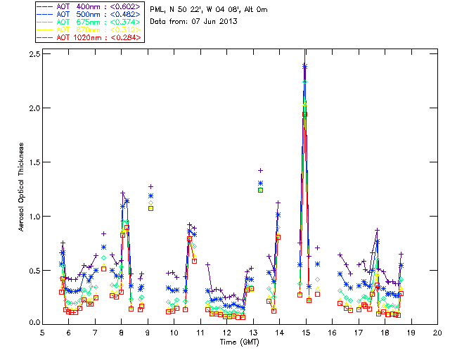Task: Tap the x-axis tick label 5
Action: [42, 333]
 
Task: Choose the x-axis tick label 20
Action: [437, 333]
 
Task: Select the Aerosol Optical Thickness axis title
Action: [22, 188]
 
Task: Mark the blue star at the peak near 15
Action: [304, 67]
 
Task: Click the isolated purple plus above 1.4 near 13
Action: [261, 170]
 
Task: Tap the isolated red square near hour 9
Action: [150, 208]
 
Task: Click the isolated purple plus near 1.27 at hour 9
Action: [150, 186]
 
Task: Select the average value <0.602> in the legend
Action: [127, 6]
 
